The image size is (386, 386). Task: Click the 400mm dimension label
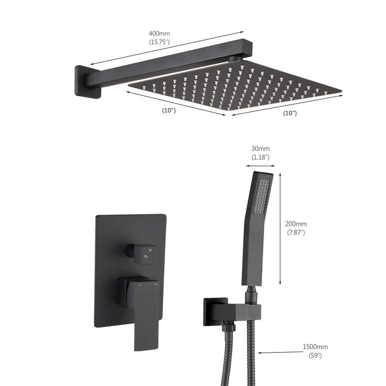point(159,34)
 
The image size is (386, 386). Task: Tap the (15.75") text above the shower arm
point(159,42)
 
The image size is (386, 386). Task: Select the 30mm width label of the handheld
point(260,149)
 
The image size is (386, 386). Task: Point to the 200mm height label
point(296,224)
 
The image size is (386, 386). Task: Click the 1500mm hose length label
point(315,347)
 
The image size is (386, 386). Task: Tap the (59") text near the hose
point(315,356)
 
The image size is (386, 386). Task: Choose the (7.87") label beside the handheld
point(296,233)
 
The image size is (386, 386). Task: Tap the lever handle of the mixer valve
point(145,313)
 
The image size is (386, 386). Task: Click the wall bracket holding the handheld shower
point(232,311)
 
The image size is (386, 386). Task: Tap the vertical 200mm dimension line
point(280,228)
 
